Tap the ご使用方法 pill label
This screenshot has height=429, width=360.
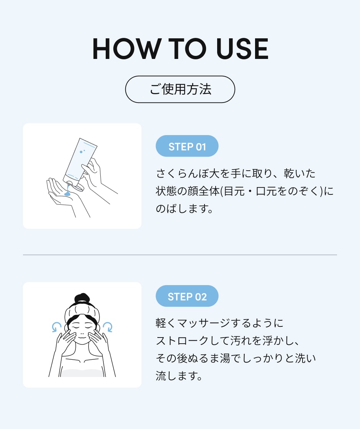coord(180,89)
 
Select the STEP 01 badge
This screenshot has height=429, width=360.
coord(187,146)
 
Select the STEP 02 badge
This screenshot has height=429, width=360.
coord(187,296)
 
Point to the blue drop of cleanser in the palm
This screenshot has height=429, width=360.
coord(67,193)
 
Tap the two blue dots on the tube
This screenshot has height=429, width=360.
coord(82,151)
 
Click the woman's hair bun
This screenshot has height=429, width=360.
coord(82,298)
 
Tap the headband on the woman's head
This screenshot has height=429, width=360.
coord(82,312)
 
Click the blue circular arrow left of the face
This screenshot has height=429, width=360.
coord(57,327)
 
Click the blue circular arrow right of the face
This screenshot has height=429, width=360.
coord(108,327)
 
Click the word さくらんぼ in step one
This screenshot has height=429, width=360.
coord(182,173)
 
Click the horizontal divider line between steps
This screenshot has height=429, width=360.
coord(180,255)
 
